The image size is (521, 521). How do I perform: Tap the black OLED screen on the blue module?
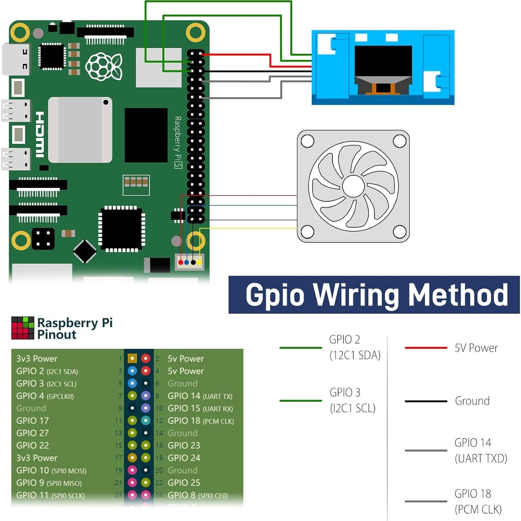[x=383, y=62]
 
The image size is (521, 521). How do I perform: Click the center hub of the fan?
[x=353, y=186]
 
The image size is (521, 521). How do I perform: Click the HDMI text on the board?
[x=40, y=134]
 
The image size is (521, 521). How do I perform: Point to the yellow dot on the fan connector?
[x=199, y=262]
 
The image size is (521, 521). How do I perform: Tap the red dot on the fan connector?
[x=181, y=262]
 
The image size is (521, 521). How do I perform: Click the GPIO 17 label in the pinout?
[x=32, y=421]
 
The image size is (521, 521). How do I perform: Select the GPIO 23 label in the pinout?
[x=184, y=445]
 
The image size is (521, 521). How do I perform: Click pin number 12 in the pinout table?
[x=159, y=421]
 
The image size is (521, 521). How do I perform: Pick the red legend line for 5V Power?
[x=426, y=348]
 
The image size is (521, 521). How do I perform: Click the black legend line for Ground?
[x=426, y=401]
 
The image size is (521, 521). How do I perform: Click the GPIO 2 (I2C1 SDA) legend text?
[x=354, y=347]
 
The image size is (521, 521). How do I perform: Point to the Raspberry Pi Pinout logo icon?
[x=23, y=328]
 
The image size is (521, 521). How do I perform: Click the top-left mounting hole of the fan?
[x=307, y=141]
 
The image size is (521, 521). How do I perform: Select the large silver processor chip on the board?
[x=80, y=130]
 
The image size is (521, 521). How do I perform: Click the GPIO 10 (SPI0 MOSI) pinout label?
[x=51, y=470]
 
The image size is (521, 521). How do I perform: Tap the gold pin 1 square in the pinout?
[x=132, y=359]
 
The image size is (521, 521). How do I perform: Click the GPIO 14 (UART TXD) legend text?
[x=480, y=450]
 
